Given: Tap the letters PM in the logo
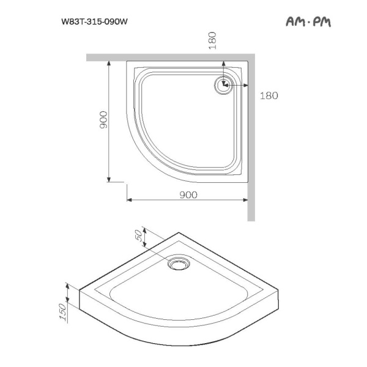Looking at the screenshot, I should point(321,22).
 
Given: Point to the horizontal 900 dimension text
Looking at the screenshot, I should point(188,195).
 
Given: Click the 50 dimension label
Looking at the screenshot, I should point(138,235).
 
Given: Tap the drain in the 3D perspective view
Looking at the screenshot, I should point(179,264).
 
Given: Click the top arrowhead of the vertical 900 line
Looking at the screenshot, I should point(109,63).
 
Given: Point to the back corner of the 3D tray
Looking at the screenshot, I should point(179,233).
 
